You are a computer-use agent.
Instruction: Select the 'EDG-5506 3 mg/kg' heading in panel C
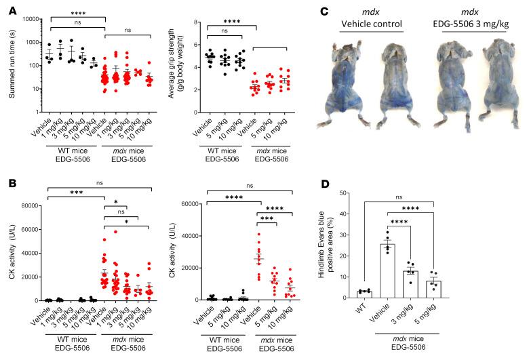click(x=471, y=24)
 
